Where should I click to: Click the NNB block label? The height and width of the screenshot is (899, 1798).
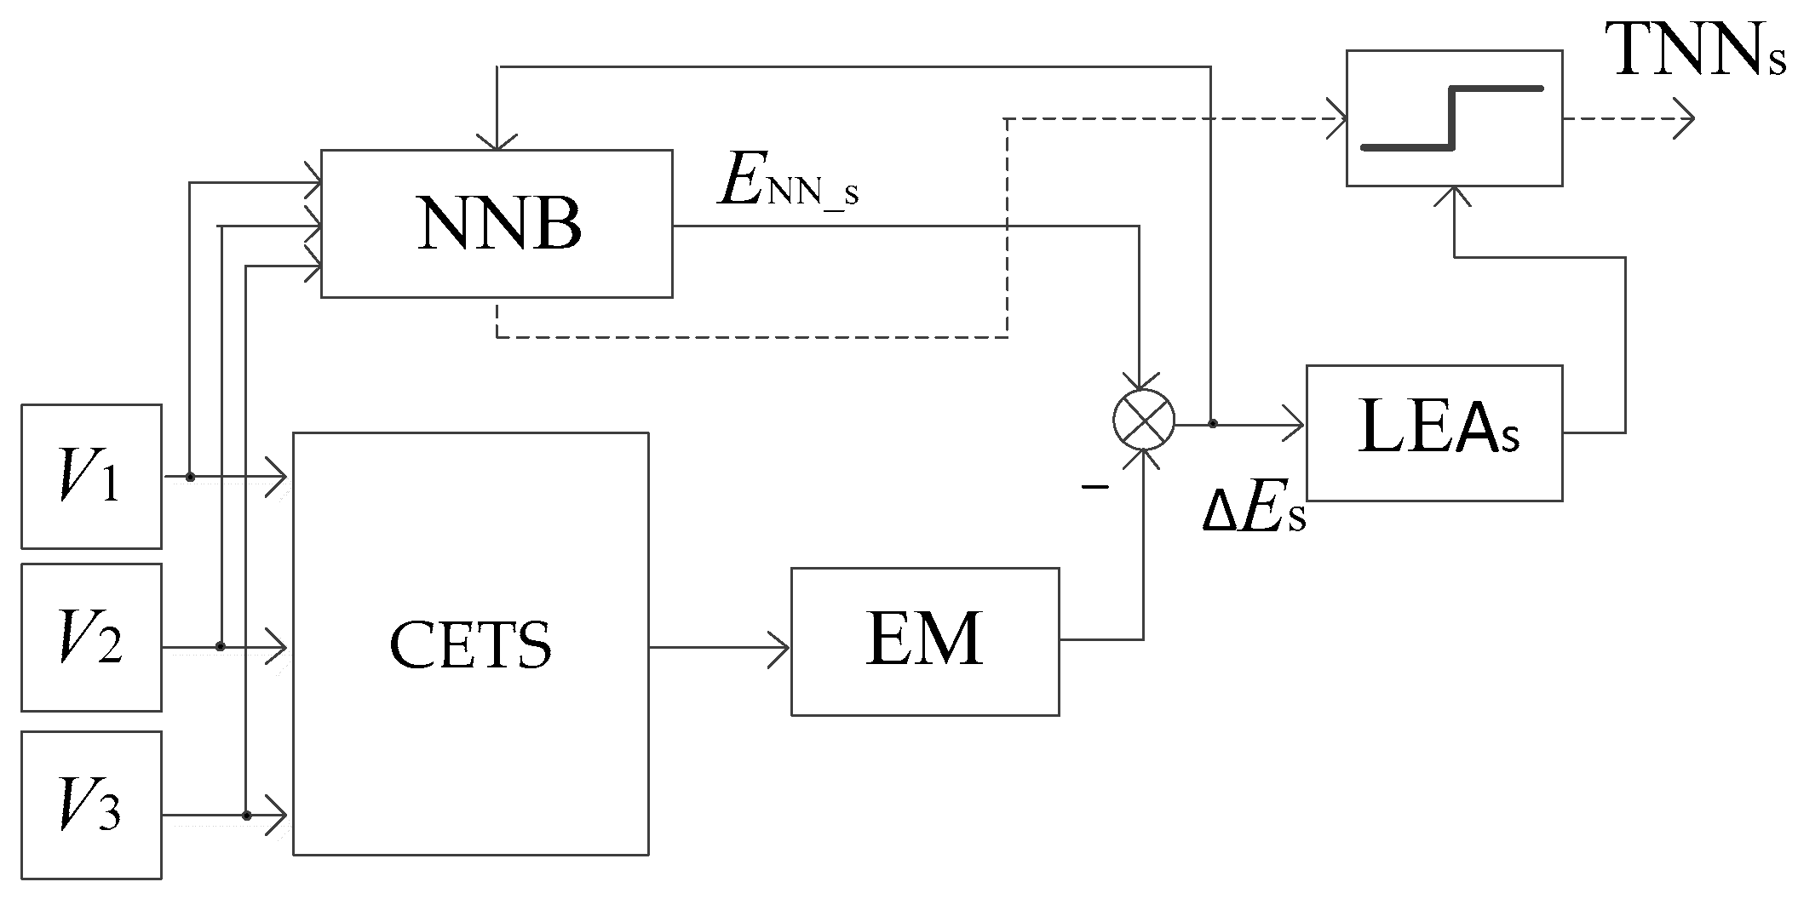(x=498, y=225)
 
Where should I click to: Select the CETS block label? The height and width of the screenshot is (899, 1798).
(x=470, y=644)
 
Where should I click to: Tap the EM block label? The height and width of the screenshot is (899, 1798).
(x=924, y=639)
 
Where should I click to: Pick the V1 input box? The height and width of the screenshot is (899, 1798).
(x=91, y=476)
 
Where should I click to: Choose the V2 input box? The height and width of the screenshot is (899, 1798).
(x=91, y=637)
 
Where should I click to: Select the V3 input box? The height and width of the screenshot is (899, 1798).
(x=91, y=805)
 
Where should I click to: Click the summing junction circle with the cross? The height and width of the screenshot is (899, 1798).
(x=1144, y=420)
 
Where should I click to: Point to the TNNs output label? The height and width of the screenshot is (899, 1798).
(x=1695, y=53)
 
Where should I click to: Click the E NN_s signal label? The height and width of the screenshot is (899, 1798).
(x=788, y=184)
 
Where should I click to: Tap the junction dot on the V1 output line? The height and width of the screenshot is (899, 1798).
(x=191, y=478)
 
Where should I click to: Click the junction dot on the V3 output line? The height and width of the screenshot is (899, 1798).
(x=246, y=816)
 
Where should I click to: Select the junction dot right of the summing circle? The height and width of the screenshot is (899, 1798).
(x=1212, y=423)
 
